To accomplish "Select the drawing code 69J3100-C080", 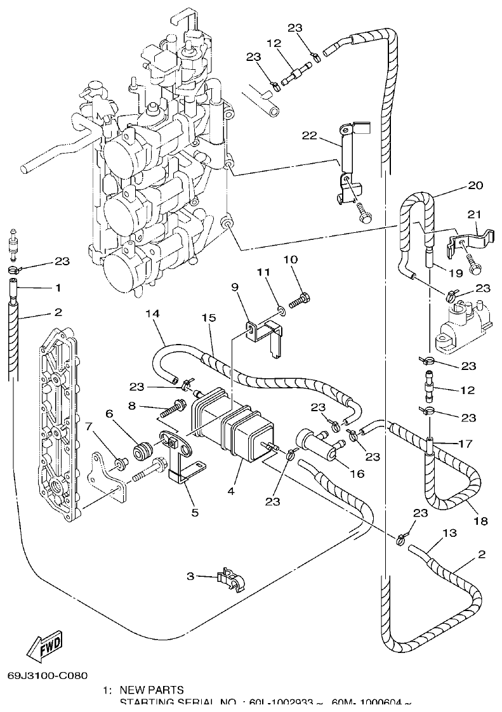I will [x=48, y=676].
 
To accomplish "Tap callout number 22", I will [x=309, y=135].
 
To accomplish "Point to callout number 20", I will [x=476, y=186].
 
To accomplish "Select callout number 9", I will [x=235, y=287].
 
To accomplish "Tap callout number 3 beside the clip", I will [x=190, y=576].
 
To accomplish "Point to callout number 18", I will [x=480, y=521].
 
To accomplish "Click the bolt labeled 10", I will [x=303, y=297].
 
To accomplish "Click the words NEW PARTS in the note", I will [x=152, y=690].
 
